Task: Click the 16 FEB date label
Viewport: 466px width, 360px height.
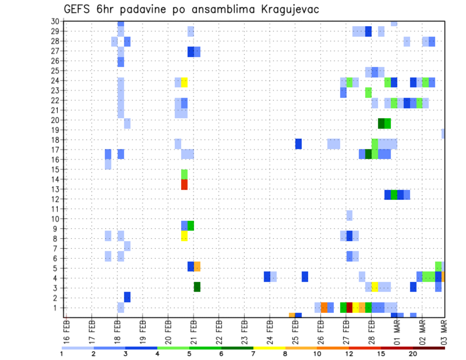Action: [x=67, y=329]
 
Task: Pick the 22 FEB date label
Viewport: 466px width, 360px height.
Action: [x=219, y=329]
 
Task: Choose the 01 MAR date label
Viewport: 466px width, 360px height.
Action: [x=396, y=329]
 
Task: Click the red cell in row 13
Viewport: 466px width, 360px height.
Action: [x=184, y=184]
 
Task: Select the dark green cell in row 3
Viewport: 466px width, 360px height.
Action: [x=197, y=287]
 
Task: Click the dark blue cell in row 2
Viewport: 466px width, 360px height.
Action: [x=127, y=297]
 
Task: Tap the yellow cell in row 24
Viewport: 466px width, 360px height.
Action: [x=184, y=82]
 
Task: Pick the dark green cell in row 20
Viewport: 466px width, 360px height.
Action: [x=381, y=123]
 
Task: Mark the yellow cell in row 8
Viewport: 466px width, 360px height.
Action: [x=184, y=236]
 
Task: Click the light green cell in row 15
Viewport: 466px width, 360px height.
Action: [x=184, y=174]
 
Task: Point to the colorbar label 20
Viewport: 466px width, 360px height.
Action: [x=413, y=354]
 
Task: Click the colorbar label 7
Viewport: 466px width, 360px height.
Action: [x=253, y=354]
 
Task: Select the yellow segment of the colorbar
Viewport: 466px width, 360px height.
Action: [x=269, y=347]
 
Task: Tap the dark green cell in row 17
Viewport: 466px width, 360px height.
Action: [x=368, y=154]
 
